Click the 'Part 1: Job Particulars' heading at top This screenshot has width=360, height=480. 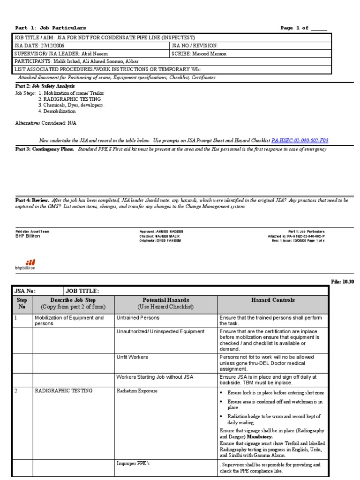[51, 28]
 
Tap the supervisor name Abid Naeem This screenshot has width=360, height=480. [92, 53]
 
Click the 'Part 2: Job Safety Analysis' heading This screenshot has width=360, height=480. [38, 86]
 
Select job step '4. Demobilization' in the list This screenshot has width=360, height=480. [57, 111]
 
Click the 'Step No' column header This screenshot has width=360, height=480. [22, 303]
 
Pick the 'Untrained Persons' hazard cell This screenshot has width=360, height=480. [138, 317]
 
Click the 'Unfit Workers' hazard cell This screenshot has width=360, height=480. [132, 357]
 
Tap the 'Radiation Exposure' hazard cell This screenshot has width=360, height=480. [137, 390]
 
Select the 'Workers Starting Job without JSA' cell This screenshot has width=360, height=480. [155, 376]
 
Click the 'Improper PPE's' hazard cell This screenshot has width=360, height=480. [134, 464]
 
